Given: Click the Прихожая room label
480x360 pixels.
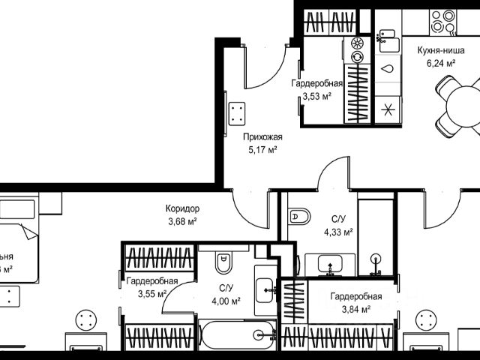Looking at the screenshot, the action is pos(262,137).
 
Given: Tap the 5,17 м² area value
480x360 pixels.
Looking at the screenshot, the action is pos(262,149).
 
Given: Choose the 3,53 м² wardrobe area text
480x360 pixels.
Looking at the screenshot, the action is pos(317,95).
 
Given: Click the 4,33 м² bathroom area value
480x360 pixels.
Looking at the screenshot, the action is pos(338,231).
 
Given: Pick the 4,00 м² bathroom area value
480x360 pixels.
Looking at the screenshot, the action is pos(225,301).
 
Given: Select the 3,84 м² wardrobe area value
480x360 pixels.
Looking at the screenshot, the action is pos(355,308).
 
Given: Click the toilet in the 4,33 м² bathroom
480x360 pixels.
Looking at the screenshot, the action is pos(299,216).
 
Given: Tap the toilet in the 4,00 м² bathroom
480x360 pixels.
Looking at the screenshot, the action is pos(224,263).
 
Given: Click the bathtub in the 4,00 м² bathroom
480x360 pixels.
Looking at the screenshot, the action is pos(234,334).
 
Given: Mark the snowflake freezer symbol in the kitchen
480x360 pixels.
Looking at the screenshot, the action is pos(388,108).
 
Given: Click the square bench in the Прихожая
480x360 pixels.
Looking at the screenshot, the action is pos(238,115).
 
